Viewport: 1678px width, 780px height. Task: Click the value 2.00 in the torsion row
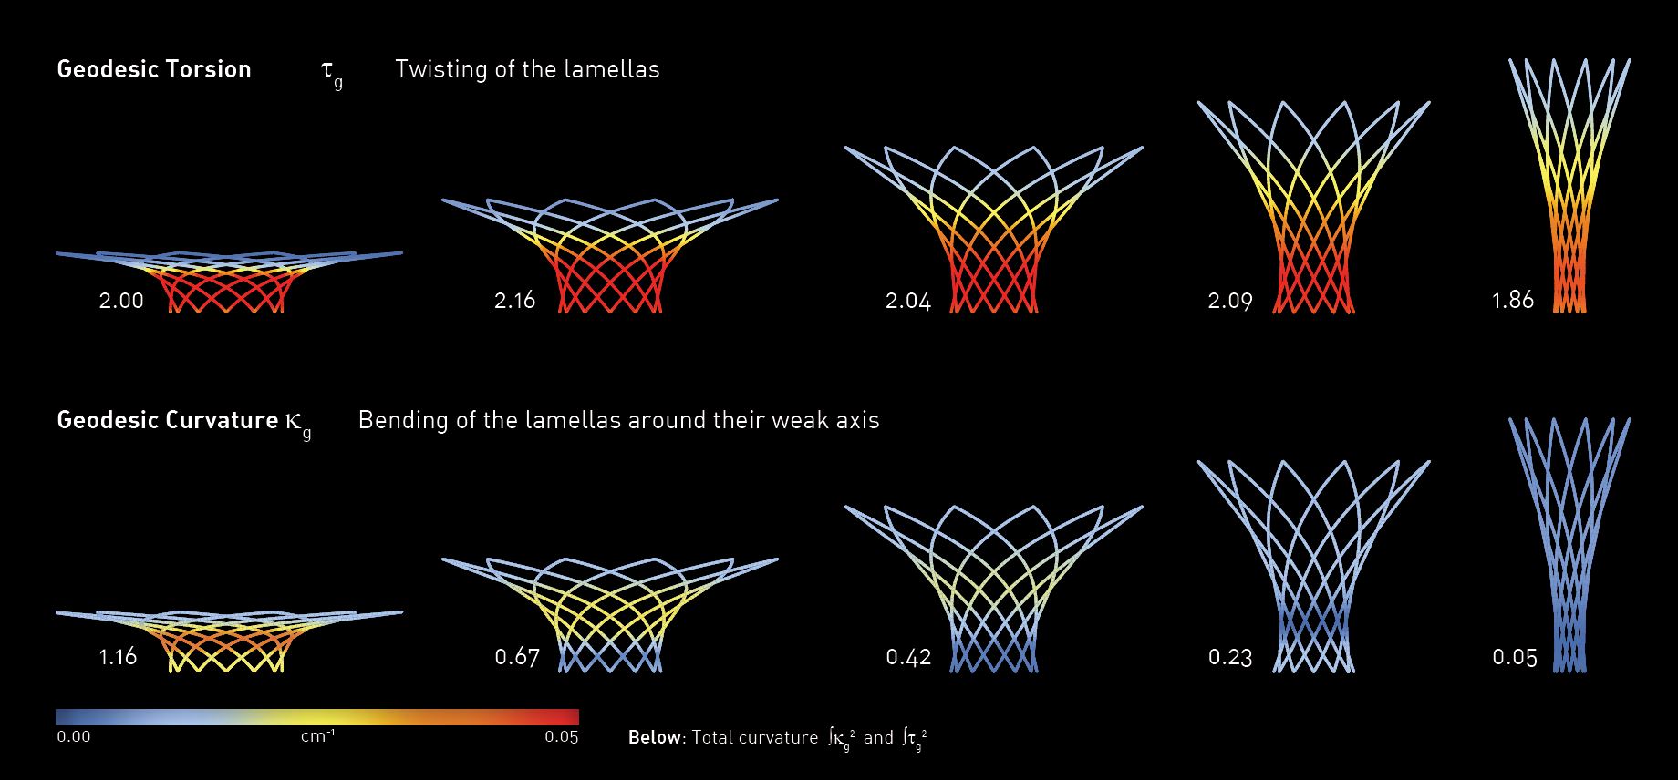[x=121, y=301]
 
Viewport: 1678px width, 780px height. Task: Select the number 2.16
[x=515, y=301]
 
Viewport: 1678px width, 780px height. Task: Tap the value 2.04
[x=908, y=301]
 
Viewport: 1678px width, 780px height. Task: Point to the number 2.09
[x=1230, y=301]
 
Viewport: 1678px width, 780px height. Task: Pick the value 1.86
[x=1513, y=300]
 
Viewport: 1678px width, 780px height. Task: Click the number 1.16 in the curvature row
[x=118, y=656]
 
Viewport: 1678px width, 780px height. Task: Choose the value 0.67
[x=517, y=656]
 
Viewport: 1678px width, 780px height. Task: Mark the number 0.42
[x=908, y=656]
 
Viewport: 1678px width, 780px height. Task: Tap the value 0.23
[x=1230, y=656]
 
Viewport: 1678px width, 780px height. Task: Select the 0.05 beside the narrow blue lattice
[x=1515, y=656]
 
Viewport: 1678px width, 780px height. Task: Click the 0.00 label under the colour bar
[x=74, y=736]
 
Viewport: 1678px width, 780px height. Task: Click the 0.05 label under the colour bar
[x=562, y=736]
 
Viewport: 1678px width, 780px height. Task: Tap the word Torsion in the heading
[x=210, y=69]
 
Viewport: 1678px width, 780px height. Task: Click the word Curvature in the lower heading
[x=222, y=420]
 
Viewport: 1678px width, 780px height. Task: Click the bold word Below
[x=655, y=737]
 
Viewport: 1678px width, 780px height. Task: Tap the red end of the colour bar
[x=569, y=716]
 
